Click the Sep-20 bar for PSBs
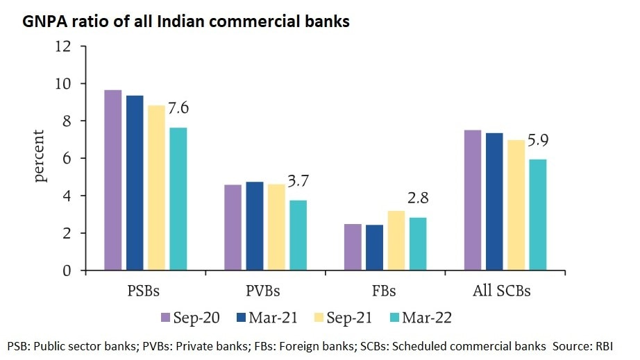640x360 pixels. coord(112,180)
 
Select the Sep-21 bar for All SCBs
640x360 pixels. coord(516,205)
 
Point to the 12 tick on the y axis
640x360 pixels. coord(63,46)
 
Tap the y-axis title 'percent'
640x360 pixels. coord(40,155)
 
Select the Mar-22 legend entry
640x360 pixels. coord(423,318)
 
